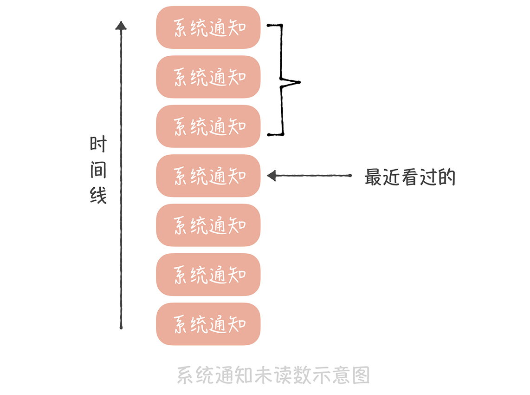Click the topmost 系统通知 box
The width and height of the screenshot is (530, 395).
[x=208, y=27]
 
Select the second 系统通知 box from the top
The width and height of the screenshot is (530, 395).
[x=208, y=77]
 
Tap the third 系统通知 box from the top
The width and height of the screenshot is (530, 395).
[x=208, y=126]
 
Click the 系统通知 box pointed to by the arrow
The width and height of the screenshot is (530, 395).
[x=208, y=176]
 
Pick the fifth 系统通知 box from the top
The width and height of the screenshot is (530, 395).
[x=208, y=225]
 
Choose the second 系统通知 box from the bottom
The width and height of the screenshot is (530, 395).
[x=208, y=275]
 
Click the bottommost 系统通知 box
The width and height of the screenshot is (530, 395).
[x=208, y=324]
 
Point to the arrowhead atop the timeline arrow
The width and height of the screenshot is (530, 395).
[x=121, y=26]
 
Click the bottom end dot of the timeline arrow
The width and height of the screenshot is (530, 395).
[x=121, y=328]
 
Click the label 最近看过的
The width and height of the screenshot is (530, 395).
[x=410, y=178]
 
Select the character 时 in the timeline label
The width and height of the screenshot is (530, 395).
[x=98, y=145]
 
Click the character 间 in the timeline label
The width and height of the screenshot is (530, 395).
[x=98, y=170]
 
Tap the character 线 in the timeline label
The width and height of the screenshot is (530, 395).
[x=98, y=196]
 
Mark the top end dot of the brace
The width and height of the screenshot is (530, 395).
[x=269, y=26]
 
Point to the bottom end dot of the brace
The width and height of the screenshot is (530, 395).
[x=269, y=135]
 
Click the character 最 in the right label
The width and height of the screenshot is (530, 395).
[x=373, y=178]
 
